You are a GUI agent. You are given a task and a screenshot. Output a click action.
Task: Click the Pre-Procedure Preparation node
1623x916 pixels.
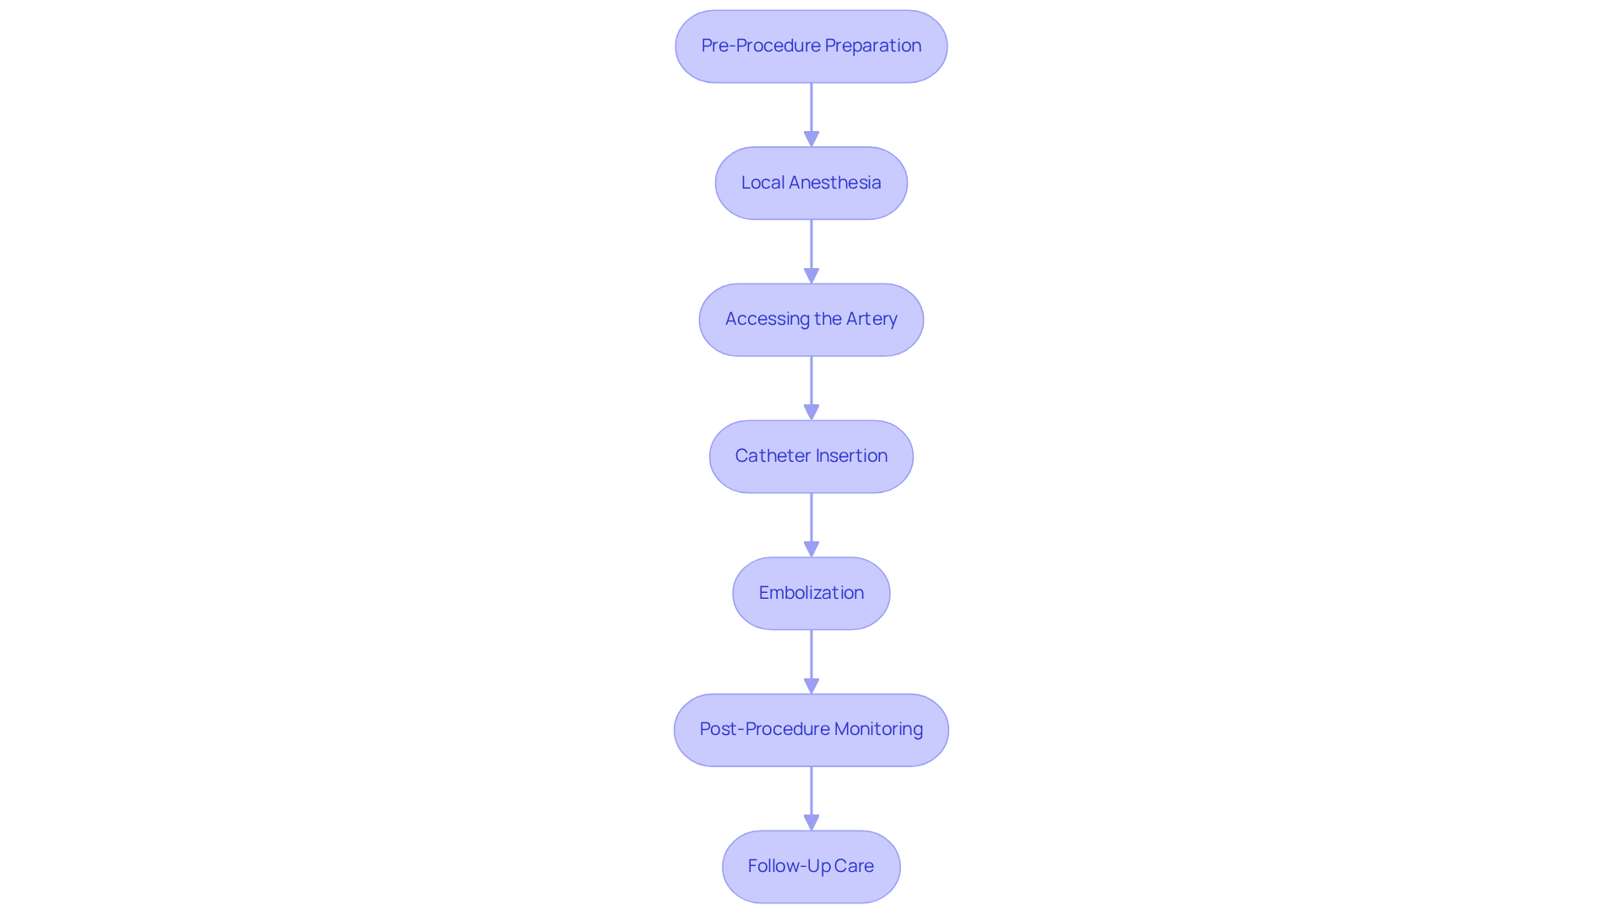pyautogui.click(x=811, y=47)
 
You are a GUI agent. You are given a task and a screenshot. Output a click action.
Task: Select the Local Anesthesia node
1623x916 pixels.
pyautogui.click(x=811, y=184)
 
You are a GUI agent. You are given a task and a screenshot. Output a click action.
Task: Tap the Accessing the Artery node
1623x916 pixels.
pyautogui.click(x=811, y=320)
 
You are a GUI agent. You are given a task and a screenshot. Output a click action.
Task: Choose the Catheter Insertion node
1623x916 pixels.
pyautogui.click(x=811, y=457)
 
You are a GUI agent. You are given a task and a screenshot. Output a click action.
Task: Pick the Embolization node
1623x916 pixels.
pyautogui.click(x=811, y=593)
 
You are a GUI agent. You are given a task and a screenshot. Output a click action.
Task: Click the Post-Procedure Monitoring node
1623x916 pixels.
pyautogui.click(x=811, y=730)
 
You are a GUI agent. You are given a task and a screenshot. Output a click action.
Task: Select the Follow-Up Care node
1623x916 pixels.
pyautogui.click(x=811, y=867)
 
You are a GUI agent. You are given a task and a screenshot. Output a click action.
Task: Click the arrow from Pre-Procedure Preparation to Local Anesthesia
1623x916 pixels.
pyautogui.click(x=811, y=114)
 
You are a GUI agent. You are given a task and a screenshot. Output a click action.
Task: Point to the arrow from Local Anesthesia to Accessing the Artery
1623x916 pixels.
pyautogui.click(x=811, y=251)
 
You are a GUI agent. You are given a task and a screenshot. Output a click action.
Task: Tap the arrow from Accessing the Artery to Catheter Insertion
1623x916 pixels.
pyautogui.click(x=811, y=387)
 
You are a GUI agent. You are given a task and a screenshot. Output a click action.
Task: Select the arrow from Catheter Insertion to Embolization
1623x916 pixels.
pyautogui.click(x=811, y=524)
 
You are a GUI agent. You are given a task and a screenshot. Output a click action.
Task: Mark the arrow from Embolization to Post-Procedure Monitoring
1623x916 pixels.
pyautogui.click(x=811, y=661)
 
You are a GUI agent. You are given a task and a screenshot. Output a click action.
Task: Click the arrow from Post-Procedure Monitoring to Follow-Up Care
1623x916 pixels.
pyautogui.click(x=811, y=798)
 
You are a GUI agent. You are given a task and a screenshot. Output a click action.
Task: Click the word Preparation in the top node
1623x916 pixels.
pyautogui.click(x=872, y=46)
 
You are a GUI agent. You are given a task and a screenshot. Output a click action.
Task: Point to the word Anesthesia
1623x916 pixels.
pyautogui.click(x=834, y=183)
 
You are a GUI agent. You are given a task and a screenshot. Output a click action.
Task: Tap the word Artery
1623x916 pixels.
pyautogui.click(x=872, y=319)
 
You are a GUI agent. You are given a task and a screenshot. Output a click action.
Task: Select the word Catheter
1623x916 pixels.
pyautogui.click(x=773, y=456)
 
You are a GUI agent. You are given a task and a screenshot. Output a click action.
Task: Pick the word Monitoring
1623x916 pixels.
pyautogui.click(x=878, y=729)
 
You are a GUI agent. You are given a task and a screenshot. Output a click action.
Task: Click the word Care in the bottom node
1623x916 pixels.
pyautogui.click(x=854, y=866)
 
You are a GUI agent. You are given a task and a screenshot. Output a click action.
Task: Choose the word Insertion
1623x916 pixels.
pyautogui.click(x=851, y=456)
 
